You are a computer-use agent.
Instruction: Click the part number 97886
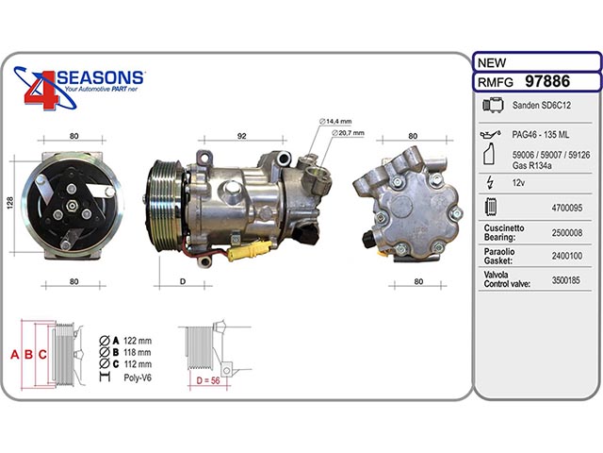pos(547,82)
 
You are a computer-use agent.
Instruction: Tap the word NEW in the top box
pos(492,62)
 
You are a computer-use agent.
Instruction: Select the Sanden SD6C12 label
pos(542,105)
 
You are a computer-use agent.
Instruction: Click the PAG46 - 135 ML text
pos(540,135)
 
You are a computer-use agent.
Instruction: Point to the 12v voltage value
pos(518,182)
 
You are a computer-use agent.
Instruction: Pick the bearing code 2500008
pos(567,233)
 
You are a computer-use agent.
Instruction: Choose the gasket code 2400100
pos(567,256)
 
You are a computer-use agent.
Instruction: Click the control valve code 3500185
pos(565,280)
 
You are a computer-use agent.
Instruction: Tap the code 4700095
pos(567,208)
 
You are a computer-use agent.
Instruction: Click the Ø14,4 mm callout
pos(335,122)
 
